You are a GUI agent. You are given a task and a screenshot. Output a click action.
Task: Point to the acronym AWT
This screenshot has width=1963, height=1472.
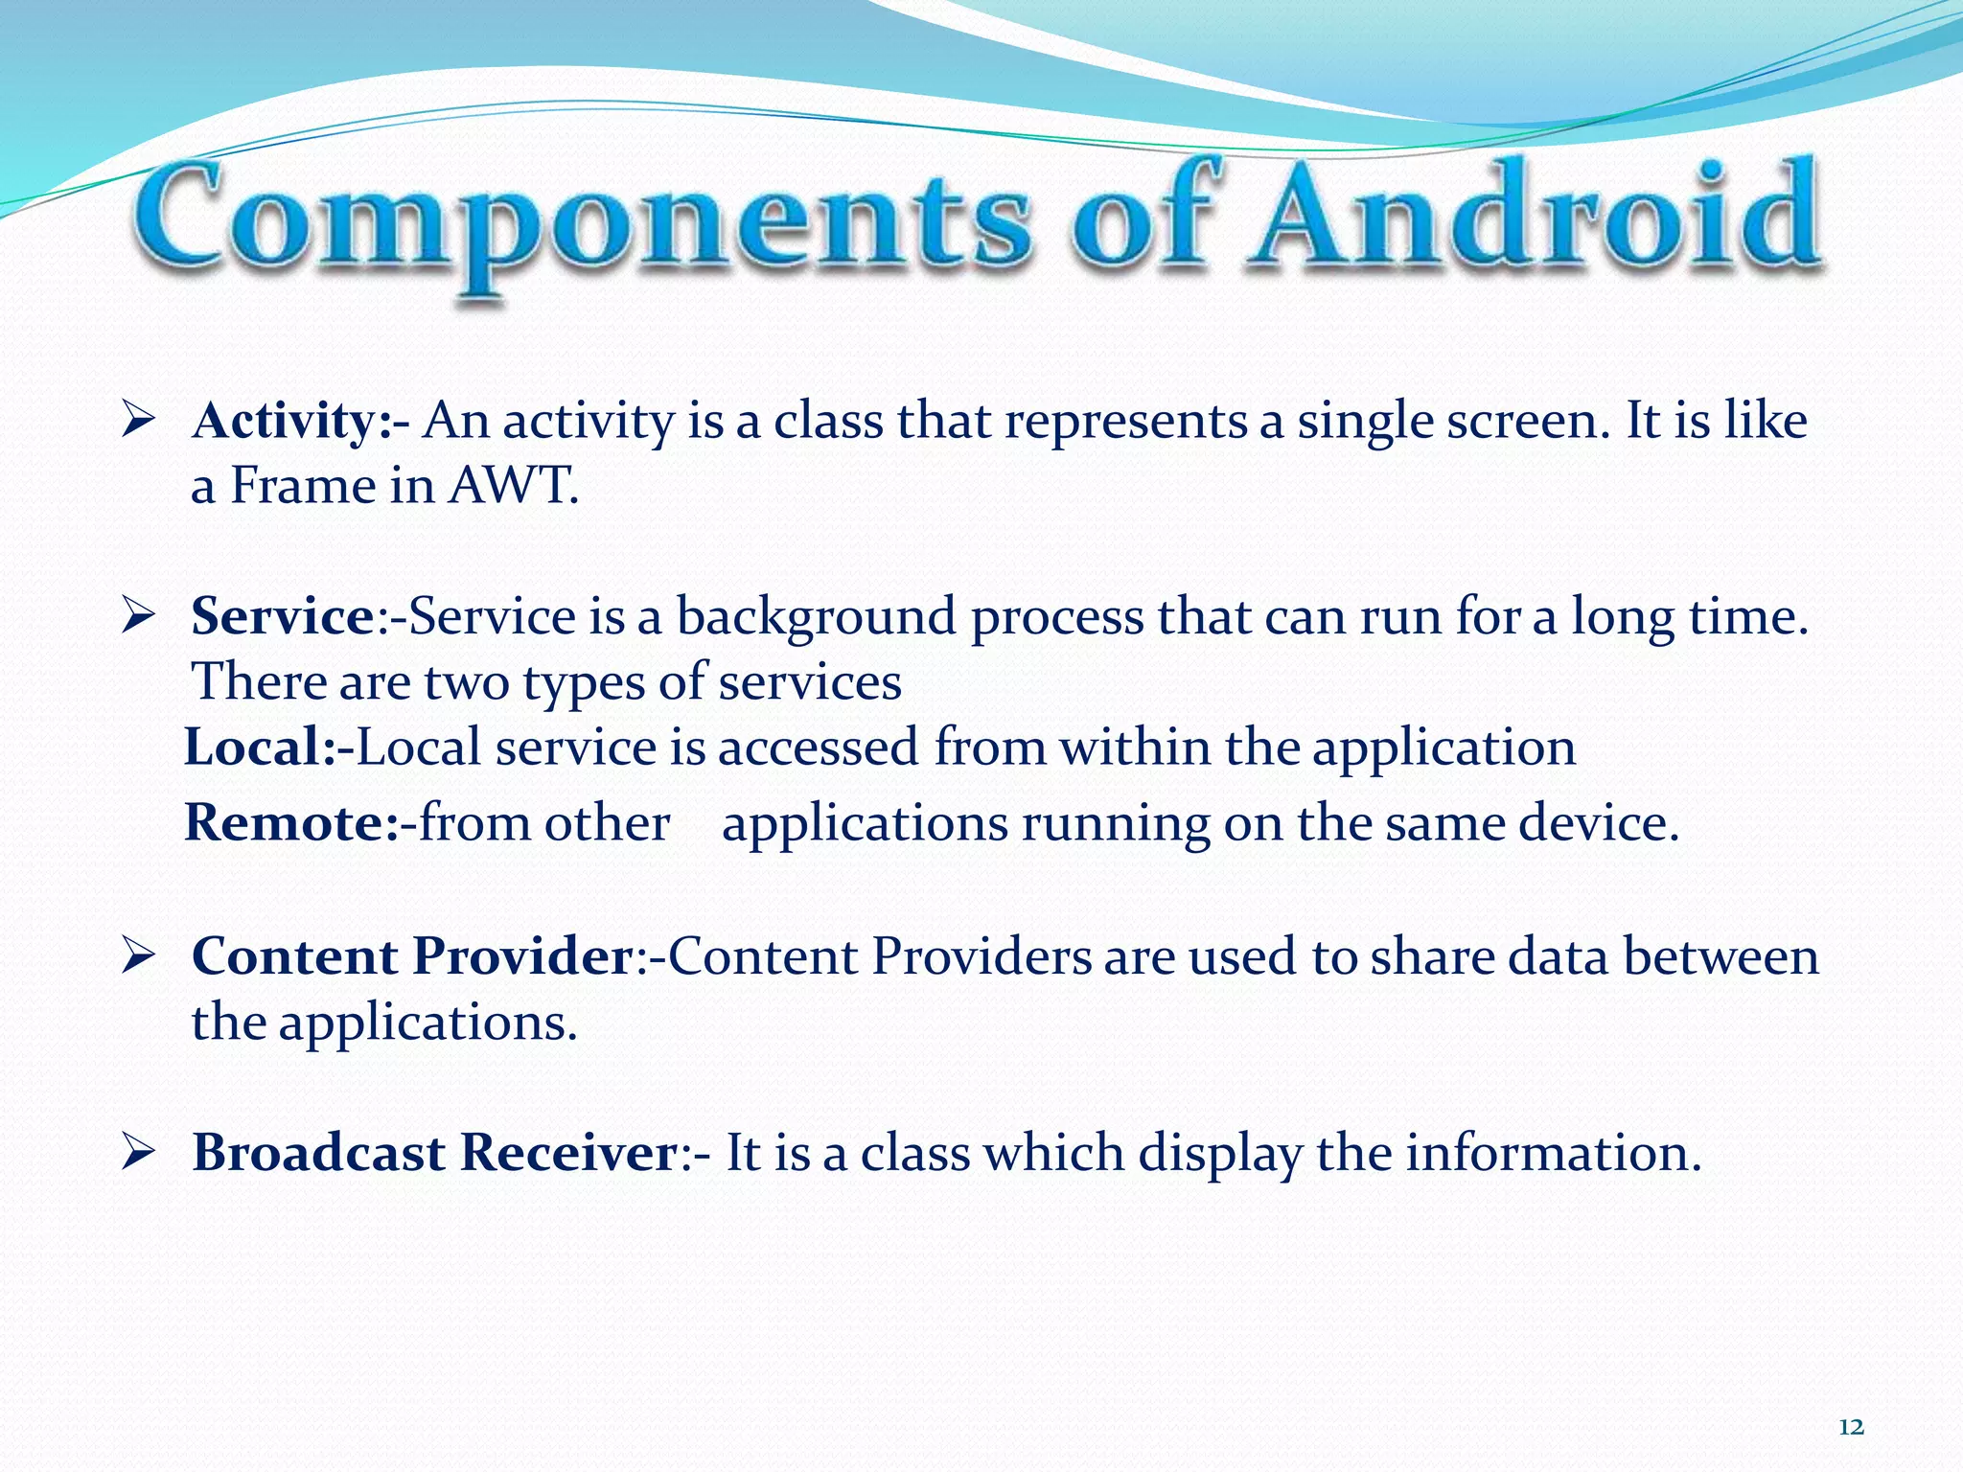tap(514, 487)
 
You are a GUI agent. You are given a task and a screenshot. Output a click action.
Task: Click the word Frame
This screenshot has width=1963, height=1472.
tap(302, 487)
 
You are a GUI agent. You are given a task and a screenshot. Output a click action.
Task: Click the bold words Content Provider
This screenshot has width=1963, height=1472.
tap(412, 956)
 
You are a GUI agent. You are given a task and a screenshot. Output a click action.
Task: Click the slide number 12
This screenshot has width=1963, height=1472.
tap(1851, 1428)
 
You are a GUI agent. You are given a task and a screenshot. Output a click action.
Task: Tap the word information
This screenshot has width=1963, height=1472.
tap(1552, 1153)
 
